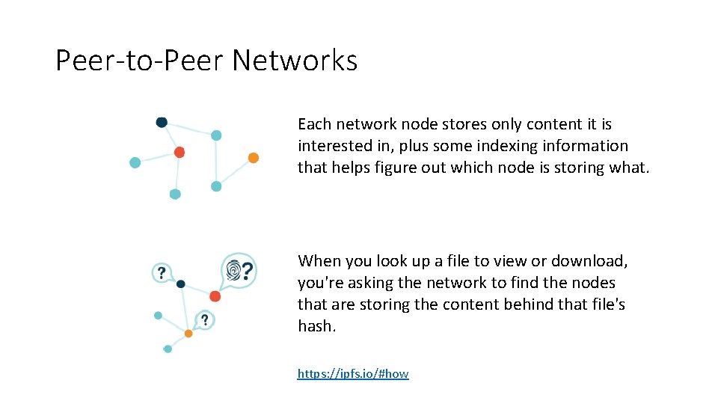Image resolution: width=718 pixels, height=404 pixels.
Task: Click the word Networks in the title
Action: coord(295,61)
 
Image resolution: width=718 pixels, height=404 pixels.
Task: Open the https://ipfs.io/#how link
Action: coord(353,373)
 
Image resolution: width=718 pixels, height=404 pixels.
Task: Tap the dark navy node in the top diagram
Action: coord(162,122)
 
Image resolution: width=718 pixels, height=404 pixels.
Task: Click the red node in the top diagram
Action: coord(179,152)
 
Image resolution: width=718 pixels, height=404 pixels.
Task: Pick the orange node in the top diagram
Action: coord(254,158)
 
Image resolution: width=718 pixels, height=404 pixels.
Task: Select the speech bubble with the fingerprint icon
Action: coord(239,269)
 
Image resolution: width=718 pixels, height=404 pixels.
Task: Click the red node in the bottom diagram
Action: coord(215,296)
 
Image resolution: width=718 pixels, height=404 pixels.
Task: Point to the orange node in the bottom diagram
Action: coord(188,333)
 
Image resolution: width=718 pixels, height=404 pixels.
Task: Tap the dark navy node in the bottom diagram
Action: coord(180,284)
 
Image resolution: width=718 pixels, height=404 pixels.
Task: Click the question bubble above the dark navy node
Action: coord(162,272)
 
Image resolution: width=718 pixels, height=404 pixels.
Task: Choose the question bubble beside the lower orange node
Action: coord(204,320)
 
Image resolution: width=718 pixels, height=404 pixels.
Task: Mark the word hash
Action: coord(316,326)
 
